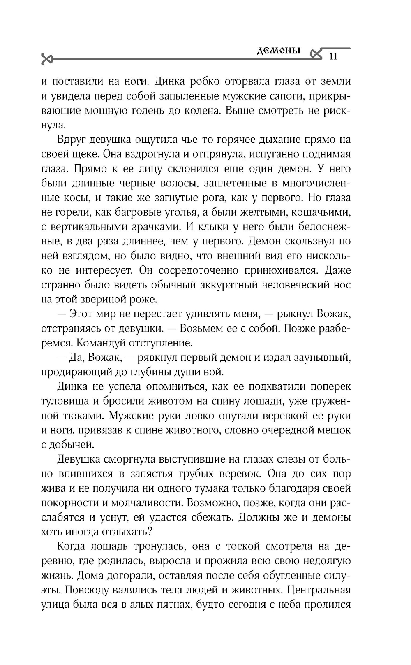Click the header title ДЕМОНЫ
click(279, 51)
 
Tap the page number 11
click(333, 56)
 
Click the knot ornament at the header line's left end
click(47, 59)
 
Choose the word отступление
click(164, 343)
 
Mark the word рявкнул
click(156, 357)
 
